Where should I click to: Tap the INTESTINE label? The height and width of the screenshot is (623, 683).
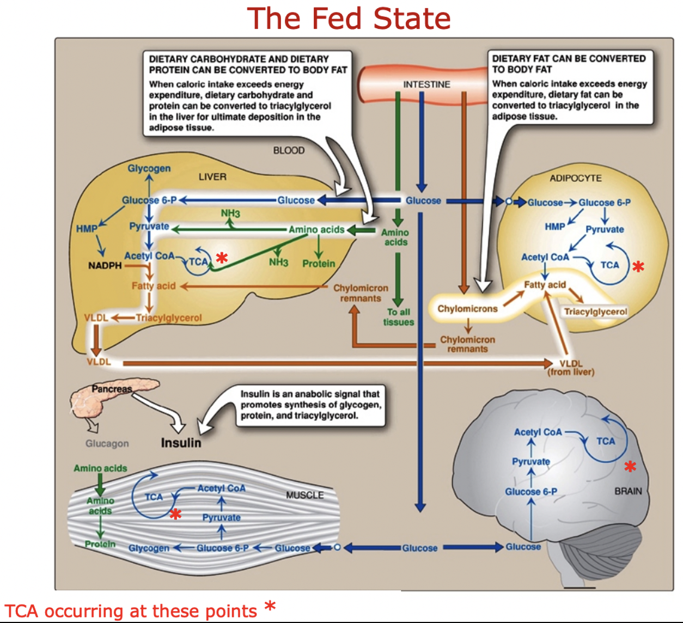coord(426,84)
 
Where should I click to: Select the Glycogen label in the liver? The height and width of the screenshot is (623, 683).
coord(149,168)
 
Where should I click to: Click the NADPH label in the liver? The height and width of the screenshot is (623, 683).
coord(105,266)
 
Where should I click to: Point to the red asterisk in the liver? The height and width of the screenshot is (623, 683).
coord(222,258)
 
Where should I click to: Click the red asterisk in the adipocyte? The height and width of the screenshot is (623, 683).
coord(638,266)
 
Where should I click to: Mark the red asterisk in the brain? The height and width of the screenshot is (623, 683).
coord(630,466)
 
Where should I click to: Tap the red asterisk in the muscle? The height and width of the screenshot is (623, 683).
coord(175,514)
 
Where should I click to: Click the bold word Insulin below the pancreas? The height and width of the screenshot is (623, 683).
coord(181,443)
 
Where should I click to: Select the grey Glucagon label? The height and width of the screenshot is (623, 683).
coord(107,443)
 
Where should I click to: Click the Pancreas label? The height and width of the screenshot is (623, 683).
coord(112,389)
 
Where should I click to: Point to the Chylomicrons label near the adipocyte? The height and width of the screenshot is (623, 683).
coord(467,309)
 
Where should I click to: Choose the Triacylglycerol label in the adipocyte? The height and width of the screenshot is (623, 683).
coord(595,311)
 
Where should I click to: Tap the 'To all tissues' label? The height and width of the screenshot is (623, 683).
coord(398,317)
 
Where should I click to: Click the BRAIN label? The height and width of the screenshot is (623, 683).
coord(628,491)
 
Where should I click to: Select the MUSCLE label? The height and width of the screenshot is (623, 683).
coord(304,495)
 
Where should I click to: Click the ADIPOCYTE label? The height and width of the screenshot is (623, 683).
coord(575,178)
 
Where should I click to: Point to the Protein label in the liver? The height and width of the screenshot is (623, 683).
coord(319,264)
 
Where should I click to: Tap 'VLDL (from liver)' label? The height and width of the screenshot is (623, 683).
coord(571,368)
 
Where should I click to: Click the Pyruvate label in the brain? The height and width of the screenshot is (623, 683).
coord(530,461)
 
